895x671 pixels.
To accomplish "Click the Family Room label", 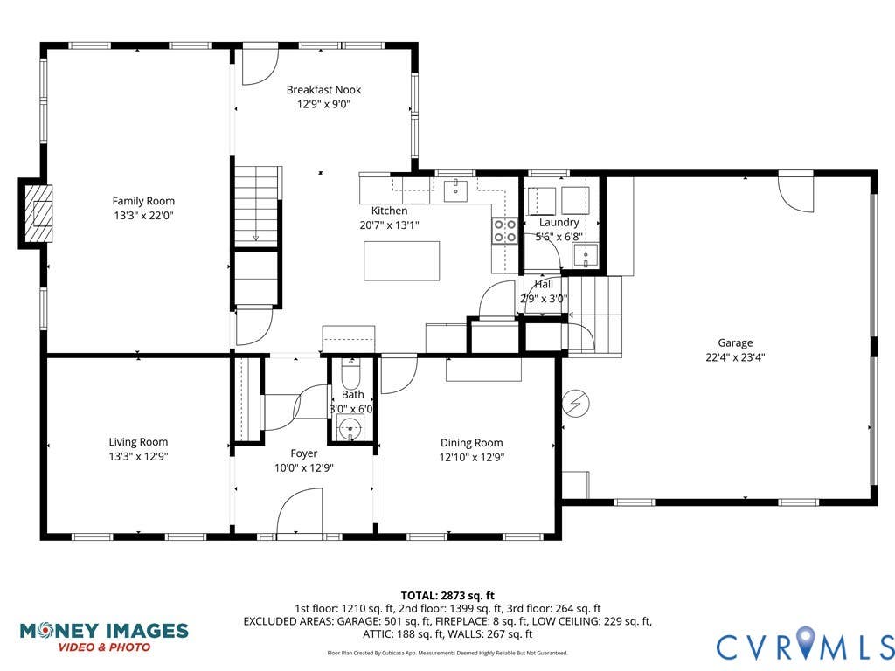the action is point(143,201).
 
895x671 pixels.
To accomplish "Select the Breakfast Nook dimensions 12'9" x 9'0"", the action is point(323,105).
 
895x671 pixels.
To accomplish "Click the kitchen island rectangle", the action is point(402,260).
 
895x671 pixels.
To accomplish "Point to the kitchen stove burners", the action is point(505,231).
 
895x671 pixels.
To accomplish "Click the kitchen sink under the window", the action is point(456,190).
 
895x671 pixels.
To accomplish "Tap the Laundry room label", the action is point(559,223).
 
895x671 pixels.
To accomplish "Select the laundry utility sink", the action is point(586,255).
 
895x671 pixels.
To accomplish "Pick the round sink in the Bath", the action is point(350,427).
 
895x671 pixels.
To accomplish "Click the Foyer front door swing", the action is point(299,512).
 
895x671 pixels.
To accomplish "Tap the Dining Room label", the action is point(471,443).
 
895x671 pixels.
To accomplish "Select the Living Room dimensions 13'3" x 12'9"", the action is point(138,456).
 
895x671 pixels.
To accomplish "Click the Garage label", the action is point(735,342).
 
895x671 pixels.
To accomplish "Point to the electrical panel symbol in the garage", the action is point(575,404).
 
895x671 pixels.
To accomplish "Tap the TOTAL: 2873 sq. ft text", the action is point(447,597).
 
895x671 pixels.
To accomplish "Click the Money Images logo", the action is point(104,637).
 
